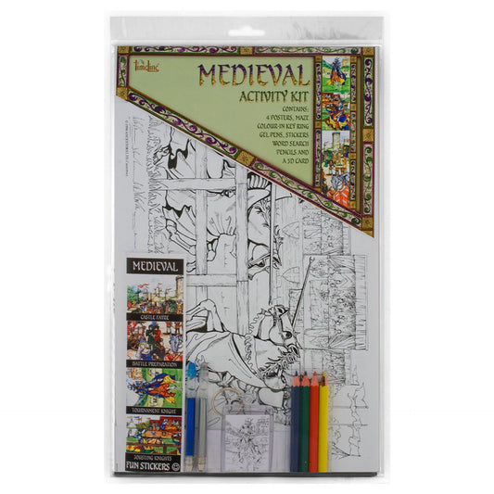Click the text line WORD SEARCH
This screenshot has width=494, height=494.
tap(284, 146)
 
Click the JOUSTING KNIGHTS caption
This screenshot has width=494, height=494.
tap(153, 456)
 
